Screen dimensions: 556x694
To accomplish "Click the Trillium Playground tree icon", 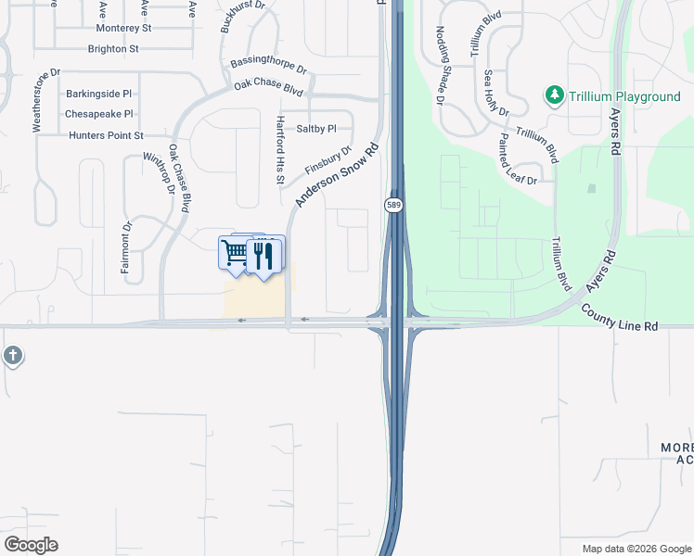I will click(555, 95).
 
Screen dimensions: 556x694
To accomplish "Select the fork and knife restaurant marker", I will click(263, 255).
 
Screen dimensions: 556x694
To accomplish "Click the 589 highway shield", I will click(392, 204).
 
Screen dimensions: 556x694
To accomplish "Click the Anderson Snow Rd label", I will click(339, 175).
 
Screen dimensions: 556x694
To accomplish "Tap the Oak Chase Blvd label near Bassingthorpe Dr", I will click(269, 87).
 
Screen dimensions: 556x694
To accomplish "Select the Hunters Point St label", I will click(106, 135).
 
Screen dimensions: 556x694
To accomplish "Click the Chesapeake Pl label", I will click(99, 115).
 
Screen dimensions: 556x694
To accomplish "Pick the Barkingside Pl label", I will click(99, 95).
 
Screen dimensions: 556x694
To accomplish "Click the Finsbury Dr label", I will click(328, 160).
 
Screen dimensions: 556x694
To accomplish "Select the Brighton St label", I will click(113, 49).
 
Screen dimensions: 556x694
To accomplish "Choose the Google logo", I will click(31, 545).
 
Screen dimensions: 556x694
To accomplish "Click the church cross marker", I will click(12, 356).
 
